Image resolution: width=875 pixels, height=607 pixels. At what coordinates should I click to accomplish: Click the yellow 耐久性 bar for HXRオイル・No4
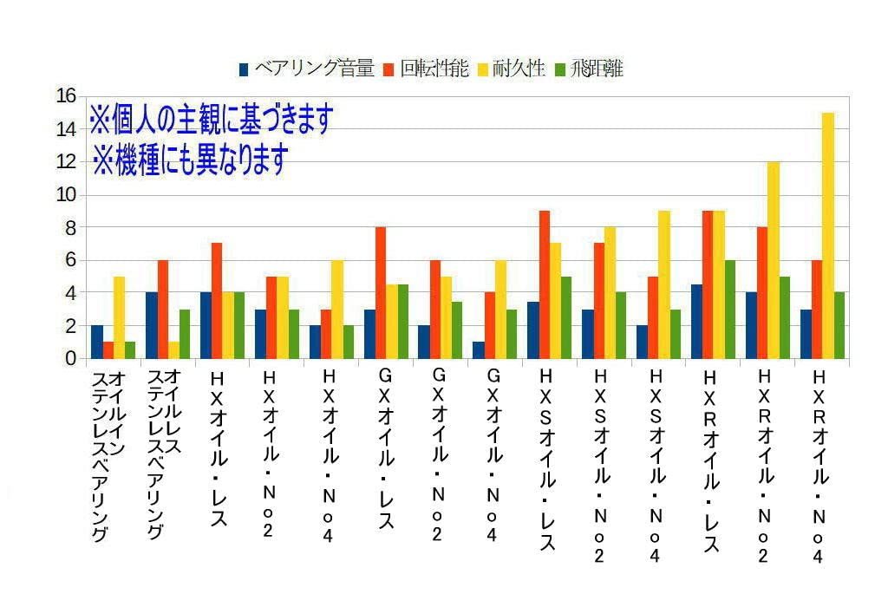[828, 236]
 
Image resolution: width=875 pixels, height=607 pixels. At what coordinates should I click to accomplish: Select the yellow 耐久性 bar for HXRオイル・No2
[774, 260]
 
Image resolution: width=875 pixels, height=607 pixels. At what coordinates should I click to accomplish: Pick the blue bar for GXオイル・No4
[478, 350]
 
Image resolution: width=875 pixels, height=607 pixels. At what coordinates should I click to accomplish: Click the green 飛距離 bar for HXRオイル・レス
[730, 310]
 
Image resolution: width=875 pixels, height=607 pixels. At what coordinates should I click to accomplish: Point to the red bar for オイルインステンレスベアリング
[108, 350]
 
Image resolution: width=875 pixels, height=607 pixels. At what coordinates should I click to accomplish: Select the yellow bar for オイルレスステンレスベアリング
[174, 350]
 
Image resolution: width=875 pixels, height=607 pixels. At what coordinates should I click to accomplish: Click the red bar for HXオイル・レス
[217, 301]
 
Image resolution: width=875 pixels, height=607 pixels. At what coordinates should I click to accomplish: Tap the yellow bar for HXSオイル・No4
[664, 284]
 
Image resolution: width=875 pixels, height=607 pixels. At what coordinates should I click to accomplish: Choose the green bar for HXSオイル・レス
[566, 317]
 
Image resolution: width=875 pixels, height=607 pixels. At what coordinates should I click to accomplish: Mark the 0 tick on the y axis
[70, 358]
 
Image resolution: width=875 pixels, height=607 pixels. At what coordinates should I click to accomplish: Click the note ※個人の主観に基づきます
[211, 120]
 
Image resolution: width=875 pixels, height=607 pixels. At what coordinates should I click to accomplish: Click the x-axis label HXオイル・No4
[328, 455]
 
